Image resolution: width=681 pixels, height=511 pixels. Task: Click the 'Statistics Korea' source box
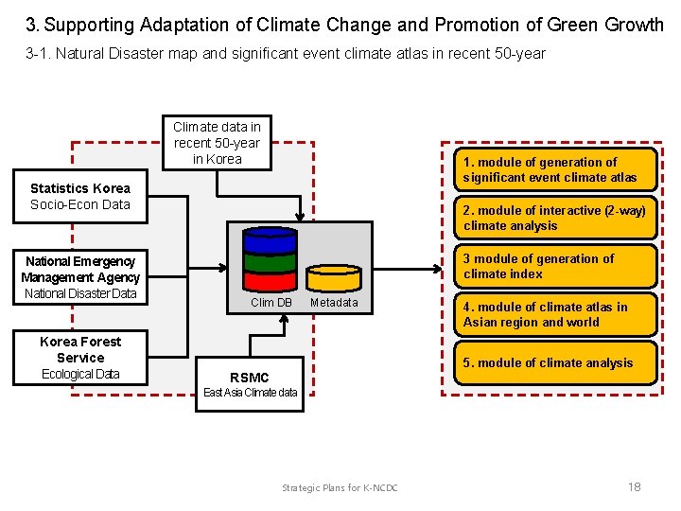click(80, 196)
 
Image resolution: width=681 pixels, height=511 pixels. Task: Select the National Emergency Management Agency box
click(80, 277)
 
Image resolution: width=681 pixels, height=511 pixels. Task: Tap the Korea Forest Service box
click(80, 358)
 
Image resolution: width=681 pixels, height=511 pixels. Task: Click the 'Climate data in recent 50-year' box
click(217, 143)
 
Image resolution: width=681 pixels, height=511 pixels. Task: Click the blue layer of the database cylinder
click(270, 238)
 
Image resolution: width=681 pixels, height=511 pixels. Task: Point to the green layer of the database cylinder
click(270, 260)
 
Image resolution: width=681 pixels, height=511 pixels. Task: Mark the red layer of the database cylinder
click(270, 281)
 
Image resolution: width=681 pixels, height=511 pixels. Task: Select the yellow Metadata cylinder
click(334, 277)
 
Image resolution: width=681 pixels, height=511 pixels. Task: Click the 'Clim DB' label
click(271, 303)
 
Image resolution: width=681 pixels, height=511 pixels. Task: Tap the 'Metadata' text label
click(334, 303)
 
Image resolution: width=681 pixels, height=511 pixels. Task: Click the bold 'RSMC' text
click(249, 378)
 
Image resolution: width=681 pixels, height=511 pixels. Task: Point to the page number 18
click(634, 486)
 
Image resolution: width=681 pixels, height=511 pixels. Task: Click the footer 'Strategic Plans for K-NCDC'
click(340, 487)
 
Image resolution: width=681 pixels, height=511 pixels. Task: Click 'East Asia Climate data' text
click(250, 393)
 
